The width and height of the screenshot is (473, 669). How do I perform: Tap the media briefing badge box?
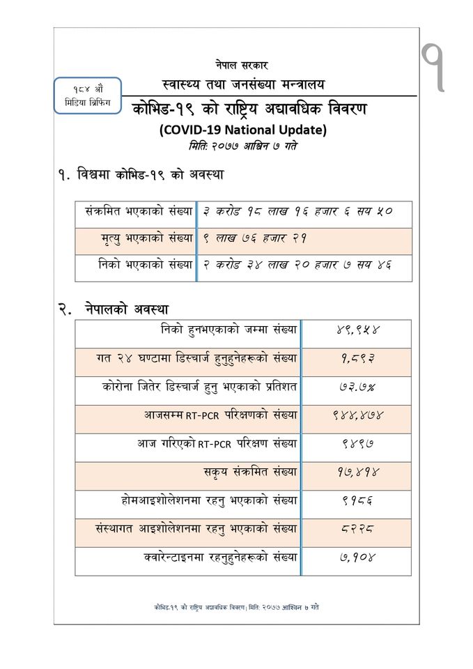click(88, 96)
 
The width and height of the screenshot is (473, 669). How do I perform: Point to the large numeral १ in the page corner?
click(436, 67)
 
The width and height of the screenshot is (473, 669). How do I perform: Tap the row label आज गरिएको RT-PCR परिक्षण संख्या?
click(217, 443)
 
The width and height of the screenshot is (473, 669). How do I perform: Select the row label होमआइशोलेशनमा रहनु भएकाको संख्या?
click(209, 500)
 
